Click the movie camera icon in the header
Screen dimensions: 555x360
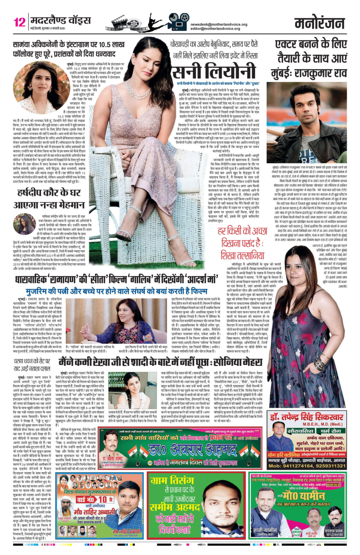click(x=178, y=23)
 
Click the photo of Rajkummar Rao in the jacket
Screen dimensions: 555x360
click(x=307, y=123)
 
